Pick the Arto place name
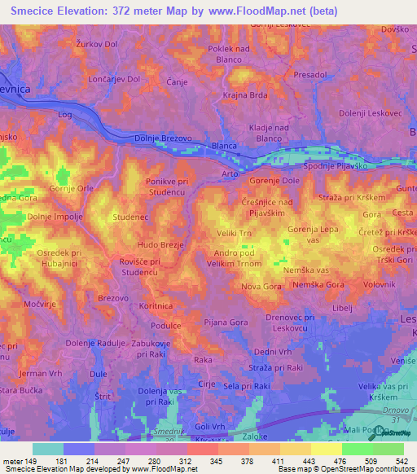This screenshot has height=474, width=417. tap(230, 173)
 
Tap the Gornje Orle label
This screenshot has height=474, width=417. tap(72, 188)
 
